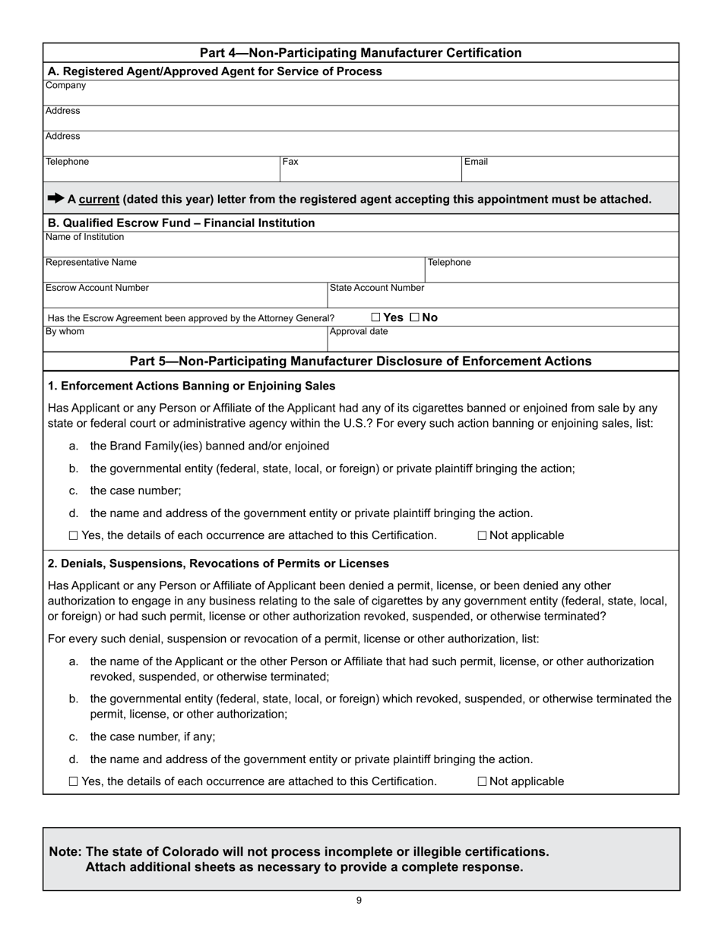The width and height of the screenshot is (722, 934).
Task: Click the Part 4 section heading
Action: (x=360, y=52)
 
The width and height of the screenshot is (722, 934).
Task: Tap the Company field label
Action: (x=65, y=85)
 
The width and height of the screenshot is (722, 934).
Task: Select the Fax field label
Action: (x=290, y=162)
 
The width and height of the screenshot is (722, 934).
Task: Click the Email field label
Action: (x=476, y=162)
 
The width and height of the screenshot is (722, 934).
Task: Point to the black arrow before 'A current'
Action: (x=55, y=198)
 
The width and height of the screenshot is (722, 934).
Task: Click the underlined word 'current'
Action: (x=99, y=199)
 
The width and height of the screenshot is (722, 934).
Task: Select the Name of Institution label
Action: (x=84, y=237)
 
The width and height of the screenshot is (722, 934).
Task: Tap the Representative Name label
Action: (x=91, y=262)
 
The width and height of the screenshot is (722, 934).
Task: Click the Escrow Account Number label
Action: (x=97, y=288)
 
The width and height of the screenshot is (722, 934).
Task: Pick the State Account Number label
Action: (x=376, y=288)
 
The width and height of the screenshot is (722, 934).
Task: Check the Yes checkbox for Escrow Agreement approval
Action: (x=375, y=317)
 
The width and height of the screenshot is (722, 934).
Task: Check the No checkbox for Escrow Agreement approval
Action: (x=414, y=317)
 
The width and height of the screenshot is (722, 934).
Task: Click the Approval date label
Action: (x=358, y=331)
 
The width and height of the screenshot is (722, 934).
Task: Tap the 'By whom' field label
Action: (x=65, y=331)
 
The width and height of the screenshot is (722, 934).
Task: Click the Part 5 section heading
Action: (x=360, y=361)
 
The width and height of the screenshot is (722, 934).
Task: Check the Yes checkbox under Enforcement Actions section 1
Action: (x=73, y=535)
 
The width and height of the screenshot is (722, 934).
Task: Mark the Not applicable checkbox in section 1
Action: (x=483, y=535)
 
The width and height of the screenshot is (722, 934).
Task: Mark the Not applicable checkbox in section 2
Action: (x=483, y=781)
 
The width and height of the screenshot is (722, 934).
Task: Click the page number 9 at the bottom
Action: (x=359, y=901)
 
